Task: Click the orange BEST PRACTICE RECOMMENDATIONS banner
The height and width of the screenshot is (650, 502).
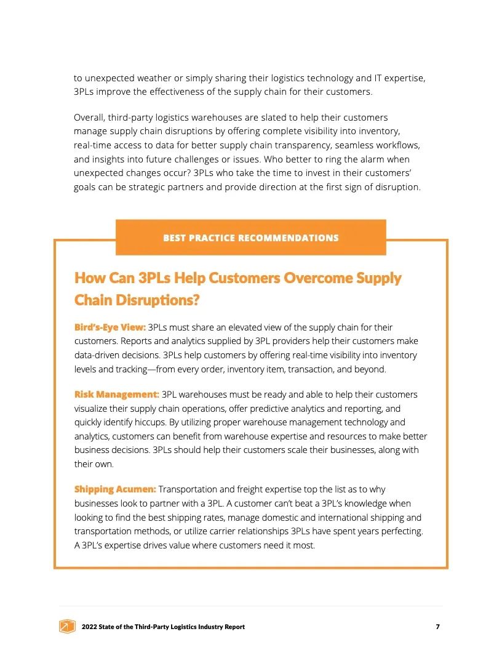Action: tap(250, 238)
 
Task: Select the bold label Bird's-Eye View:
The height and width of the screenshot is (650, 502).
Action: tap(110, 327)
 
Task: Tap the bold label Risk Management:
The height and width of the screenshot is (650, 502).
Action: tap(116, 394)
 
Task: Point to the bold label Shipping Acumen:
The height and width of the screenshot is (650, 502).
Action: tap(114, 489)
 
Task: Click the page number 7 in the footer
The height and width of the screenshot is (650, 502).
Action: tap(437, 627)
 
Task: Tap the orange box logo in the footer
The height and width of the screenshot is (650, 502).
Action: tap(67, 627)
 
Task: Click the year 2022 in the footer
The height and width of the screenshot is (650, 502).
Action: tap(90, 627)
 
